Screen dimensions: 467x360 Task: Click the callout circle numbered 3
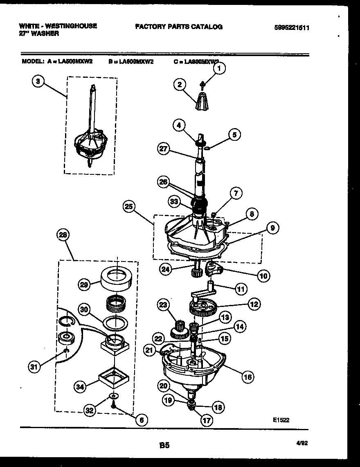point(38,81)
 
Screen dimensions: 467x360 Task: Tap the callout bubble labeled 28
point(63,235)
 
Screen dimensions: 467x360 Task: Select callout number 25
point(130,207)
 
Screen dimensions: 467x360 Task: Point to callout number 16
point(248,377)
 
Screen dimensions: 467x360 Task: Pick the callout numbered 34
point(81,386)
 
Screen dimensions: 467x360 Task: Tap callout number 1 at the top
point(219,69)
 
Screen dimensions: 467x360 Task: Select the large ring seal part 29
point(117,278)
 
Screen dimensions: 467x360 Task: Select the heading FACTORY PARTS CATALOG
point(178,27)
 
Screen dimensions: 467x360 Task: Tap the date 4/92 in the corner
point(302,442)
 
